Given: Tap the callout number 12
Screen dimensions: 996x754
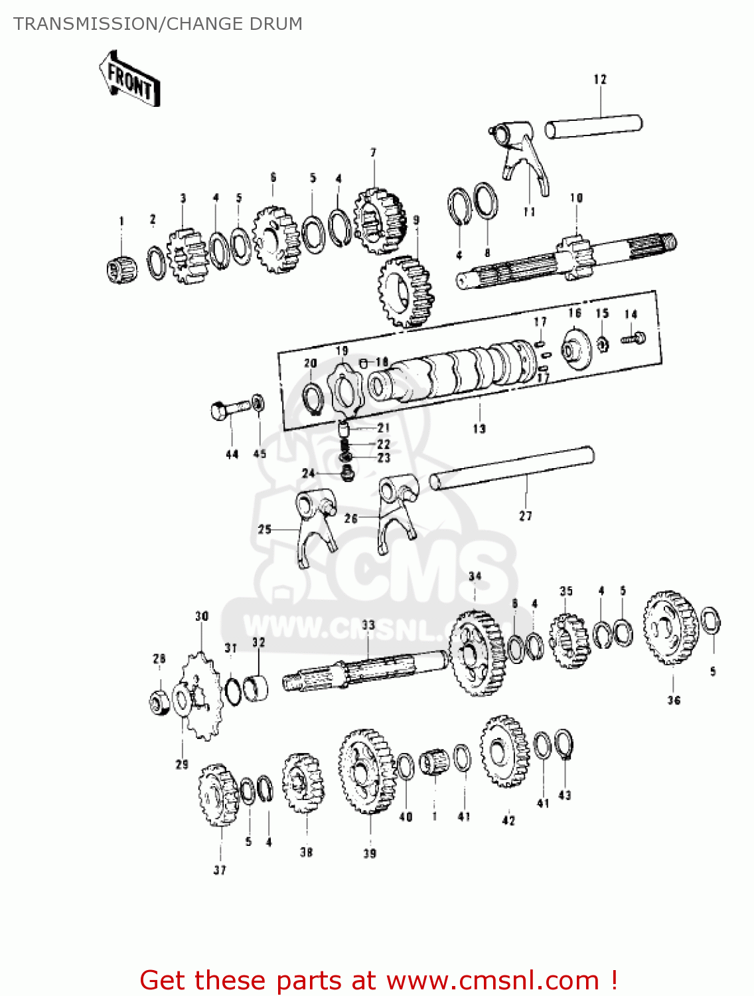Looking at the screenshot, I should pyautogui.click(x=600, y=80).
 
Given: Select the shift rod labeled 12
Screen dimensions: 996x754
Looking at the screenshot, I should pyautogui.click(x=593, y=126).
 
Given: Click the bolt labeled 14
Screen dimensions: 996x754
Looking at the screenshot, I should pyautogui.click(x=633, y=339).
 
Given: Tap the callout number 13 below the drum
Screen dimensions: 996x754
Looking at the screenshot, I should pyautogui.click(x=479, y=429).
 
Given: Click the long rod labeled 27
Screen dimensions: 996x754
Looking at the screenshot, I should pyautogui.click(x=512, y=468).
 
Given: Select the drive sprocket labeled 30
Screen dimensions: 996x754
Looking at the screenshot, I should pyautogui.click(x=201, y=697).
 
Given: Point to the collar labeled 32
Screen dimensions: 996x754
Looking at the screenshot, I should pyautogui.click(x=256, y=688).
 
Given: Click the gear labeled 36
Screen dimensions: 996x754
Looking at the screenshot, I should pyautogui.click(x=670, y=627).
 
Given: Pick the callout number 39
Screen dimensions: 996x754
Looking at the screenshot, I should pyautogui.click(x=370, y=853).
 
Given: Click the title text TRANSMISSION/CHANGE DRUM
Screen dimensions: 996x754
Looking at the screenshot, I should pyautogui.click(x=158, y=24).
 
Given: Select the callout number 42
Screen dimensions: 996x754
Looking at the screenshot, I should pyautogui.click(x=508, y=821).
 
